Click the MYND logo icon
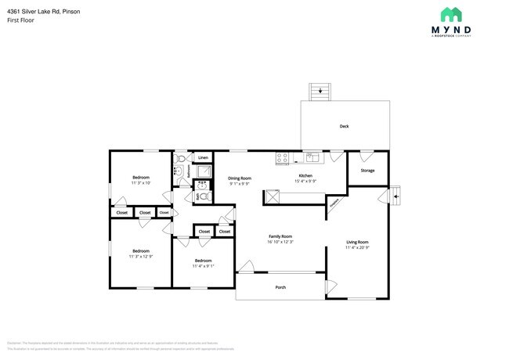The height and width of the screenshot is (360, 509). [x=450, y=14]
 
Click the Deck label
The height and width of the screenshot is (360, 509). [x=344, y=126]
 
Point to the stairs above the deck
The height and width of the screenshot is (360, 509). [x=319, y=91]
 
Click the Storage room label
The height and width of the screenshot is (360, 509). [x=367, y=170]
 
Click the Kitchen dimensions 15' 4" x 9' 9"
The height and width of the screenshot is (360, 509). [x=305, y=182]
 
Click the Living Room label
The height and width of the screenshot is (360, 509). [x=357, y=242]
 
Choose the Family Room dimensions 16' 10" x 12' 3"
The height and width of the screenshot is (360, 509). [x=280, y=243]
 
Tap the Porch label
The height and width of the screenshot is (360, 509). [x=280, y=287]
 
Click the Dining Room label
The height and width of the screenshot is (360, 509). [x=240, y=178]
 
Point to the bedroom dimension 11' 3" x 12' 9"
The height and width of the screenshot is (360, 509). [x=141, y=256]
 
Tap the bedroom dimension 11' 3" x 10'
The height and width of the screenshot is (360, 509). [x=141, y=183]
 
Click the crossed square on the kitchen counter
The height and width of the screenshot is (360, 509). [x=273, y=196]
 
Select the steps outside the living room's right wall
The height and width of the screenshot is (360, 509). [x=395, y=193]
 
